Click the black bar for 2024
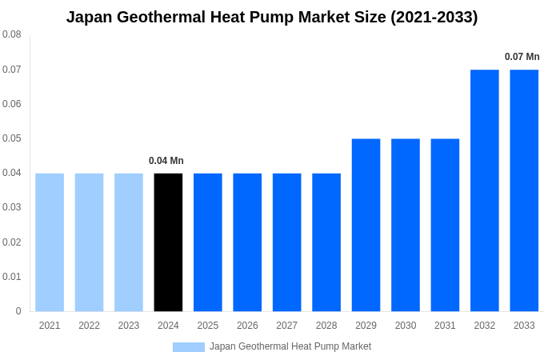pos(168,242)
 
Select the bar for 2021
pos(50,242)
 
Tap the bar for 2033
pos(524,190)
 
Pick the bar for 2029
pos(366,225)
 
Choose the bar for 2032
pos(485,190)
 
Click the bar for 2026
pos(247,242)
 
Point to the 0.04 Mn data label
pos(166,161)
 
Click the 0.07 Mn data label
pos(522,57)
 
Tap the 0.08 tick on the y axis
pos(12,34)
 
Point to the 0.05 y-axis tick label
pos(12,138)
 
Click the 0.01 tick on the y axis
pos(12,277)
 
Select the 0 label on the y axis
pos(18,311)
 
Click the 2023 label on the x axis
pos(129,326)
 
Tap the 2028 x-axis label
pos(326,326)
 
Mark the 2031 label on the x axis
pos(445,326)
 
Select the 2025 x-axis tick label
pos(208,326)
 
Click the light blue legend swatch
pos(189,346)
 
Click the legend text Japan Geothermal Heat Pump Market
pos(290,346)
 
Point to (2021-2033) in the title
pos(434,17)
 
